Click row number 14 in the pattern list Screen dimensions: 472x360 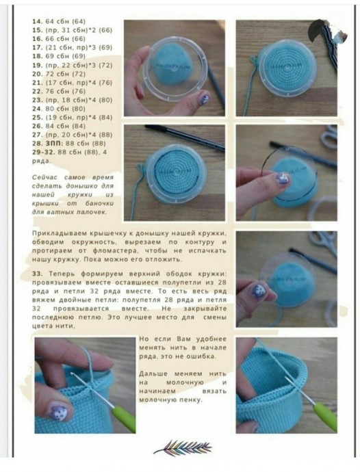37,23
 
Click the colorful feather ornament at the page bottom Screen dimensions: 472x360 180,448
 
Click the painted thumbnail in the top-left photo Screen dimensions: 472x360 203,99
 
